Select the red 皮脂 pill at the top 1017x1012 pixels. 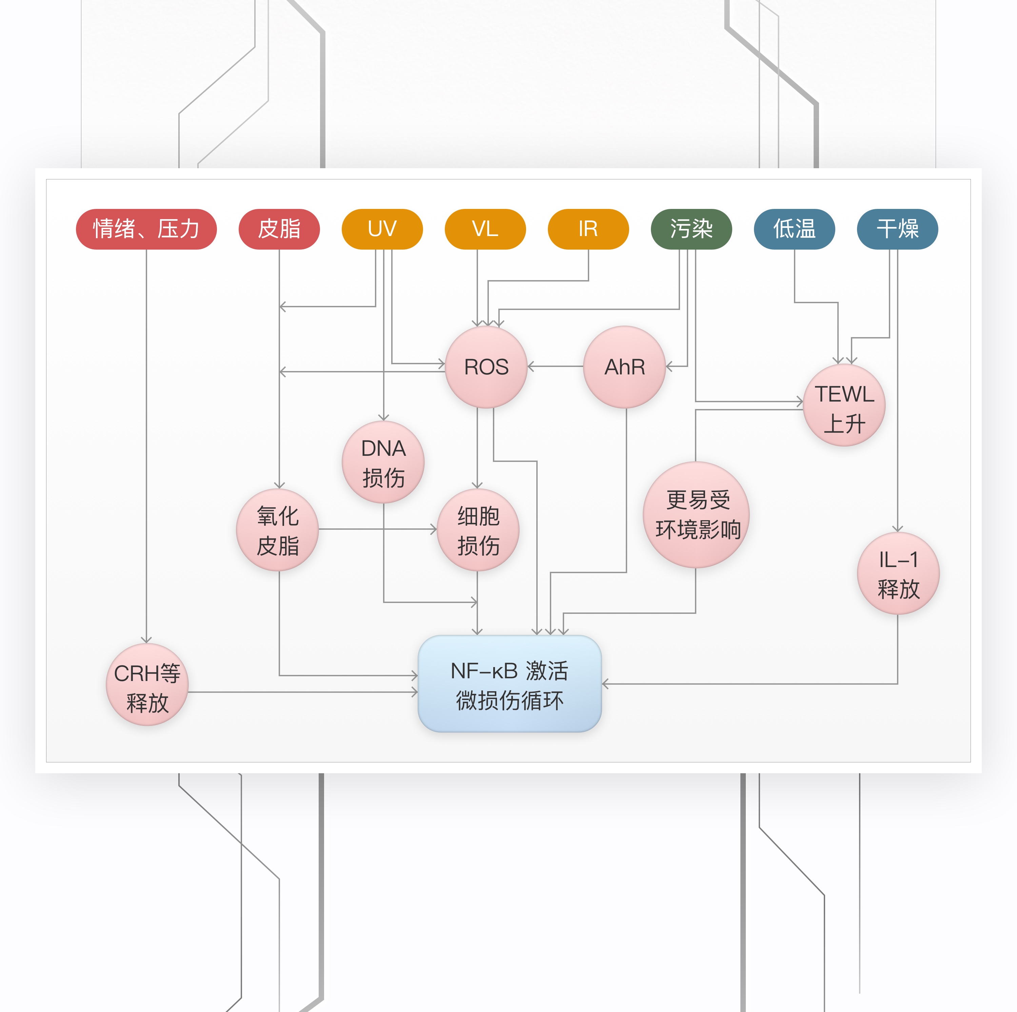tap(279, 229)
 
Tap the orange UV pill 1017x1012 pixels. tap(382, 229)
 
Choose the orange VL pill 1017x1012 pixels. tap(485, 229)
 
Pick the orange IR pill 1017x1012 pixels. tap(588, 229)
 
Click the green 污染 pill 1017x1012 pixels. tap(691, 229)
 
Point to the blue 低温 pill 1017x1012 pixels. tap(794, 229)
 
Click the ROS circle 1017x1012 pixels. tap(486, 367)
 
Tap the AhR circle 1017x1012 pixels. tap(624, 367)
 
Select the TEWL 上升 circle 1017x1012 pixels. tap(844, 405)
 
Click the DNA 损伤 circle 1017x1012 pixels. tap(383, 462)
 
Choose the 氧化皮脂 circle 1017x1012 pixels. tap(277, 530)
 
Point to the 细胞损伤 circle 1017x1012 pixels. tap(478, 530)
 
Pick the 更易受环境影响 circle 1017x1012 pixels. tap(696, 515)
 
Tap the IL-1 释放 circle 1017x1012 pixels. tap(898, 573)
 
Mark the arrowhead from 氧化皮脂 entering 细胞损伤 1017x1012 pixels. tap(434, 529)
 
